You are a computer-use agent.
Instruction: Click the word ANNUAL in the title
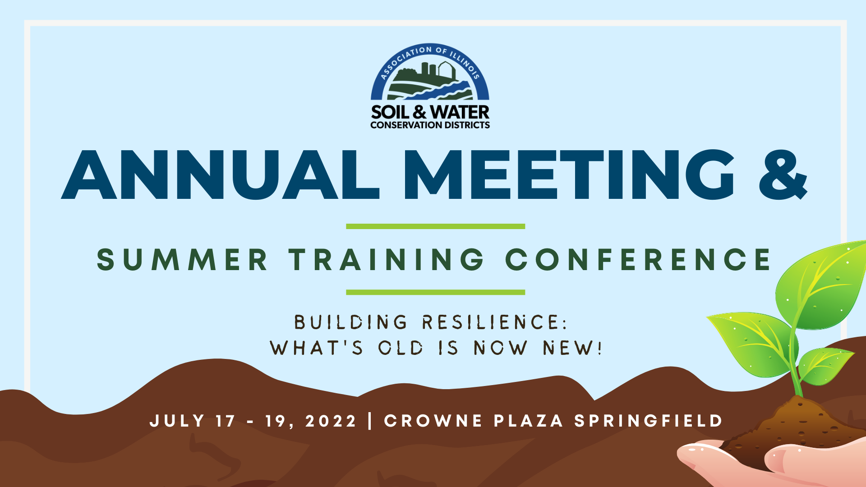[221, 175]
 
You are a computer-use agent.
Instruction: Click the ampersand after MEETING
[783, 175]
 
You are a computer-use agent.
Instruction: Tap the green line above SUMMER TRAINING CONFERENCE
[435, 226]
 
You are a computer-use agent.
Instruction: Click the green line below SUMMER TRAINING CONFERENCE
[435, 292]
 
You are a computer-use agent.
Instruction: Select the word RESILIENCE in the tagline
[494, 322]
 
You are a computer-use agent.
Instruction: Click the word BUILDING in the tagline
[351, 322]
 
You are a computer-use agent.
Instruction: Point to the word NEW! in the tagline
[572, 348]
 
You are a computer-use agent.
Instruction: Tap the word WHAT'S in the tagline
[316, 348]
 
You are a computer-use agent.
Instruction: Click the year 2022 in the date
[331, 421]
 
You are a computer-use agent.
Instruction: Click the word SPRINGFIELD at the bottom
[648, 421]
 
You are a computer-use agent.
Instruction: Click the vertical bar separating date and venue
[370, 421]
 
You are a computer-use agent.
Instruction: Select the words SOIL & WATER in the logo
[430, 112]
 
